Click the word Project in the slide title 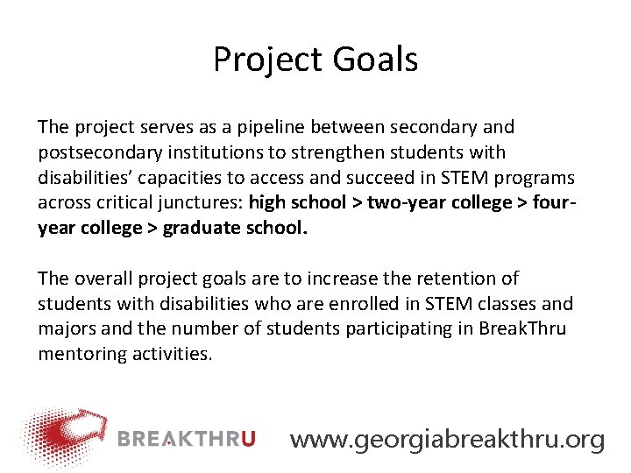(x=268, y=60)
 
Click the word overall (x=103, y=279)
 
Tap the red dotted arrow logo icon (x=65, y=434)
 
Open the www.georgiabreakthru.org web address (x=447, y=439)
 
